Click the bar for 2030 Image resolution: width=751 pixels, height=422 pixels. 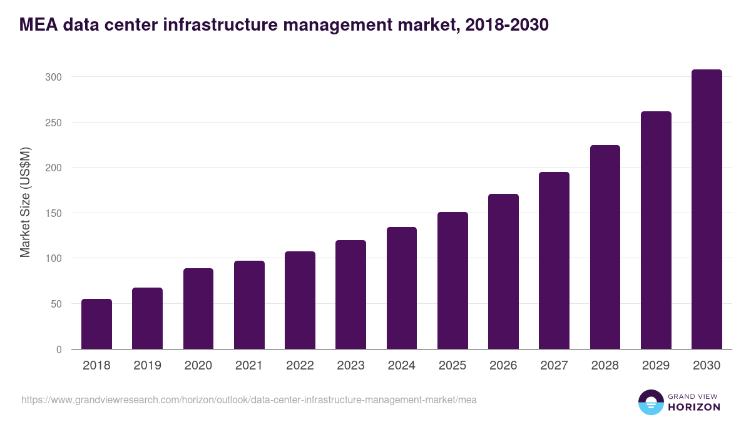[x=707, y=209]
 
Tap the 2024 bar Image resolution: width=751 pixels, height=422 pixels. [x=402, y=288]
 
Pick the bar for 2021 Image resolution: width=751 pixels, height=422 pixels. [x=249, y=305]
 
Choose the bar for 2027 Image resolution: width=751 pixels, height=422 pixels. [x=554, y=261]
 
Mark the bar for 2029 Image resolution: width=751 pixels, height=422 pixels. [x=656, y=230]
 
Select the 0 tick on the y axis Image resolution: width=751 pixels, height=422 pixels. [x=59, y=349]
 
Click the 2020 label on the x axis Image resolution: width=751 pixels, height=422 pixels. [x=198, y=366]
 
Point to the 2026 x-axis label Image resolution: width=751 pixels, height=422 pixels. [x=503, y=366]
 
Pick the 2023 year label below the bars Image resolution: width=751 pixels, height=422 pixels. [x=350, y=366]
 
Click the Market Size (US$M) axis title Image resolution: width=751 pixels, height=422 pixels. [x=25, y=202]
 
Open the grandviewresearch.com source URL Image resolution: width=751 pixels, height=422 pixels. [x=245, y=399]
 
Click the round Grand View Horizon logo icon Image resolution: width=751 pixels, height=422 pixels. [x=650, y=403]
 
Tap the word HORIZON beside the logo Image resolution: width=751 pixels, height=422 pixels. [x=693, y=407]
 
